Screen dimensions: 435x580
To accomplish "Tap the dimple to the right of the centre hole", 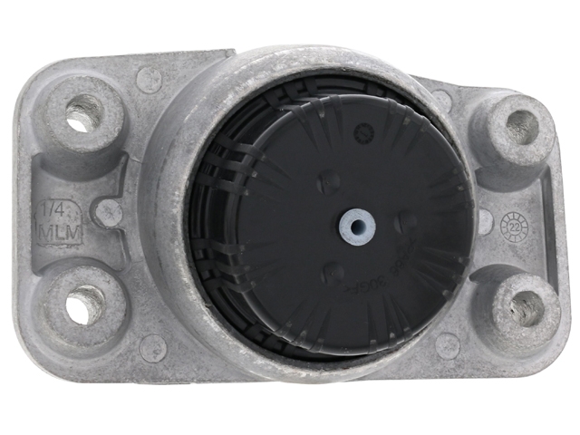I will click(x=407, y=220).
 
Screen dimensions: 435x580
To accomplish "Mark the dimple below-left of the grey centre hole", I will click(x=333, y=270).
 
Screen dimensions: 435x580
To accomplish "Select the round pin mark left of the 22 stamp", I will click(x=486, y=221).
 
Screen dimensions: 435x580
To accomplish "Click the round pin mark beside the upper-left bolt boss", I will click(x=149, y=80).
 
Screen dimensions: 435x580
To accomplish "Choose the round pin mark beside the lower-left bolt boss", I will click(x=152, y=346).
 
